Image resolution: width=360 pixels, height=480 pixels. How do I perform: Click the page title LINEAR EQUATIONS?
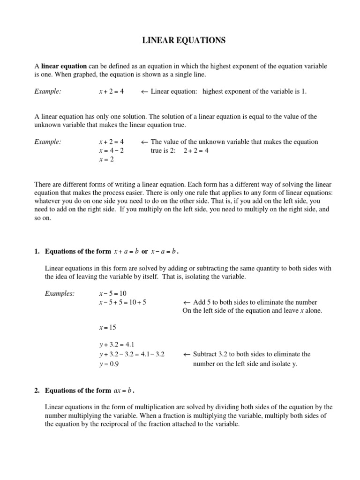[184, 41]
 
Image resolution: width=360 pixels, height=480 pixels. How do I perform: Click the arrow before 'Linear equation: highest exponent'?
[144, 92]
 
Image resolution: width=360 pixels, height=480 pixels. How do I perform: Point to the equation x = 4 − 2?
[112, 150]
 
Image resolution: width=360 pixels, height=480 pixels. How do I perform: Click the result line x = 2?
[107, 159]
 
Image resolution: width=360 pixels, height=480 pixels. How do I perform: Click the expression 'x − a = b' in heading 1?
[163, 252]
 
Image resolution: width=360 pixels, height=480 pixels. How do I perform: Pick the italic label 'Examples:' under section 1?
[60, 293]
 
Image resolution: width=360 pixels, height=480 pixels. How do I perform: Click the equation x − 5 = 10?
[110, 293]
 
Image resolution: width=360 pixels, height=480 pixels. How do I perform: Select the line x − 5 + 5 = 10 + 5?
[123, 302]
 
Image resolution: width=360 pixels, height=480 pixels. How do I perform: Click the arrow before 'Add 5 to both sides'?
[186, 302]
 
